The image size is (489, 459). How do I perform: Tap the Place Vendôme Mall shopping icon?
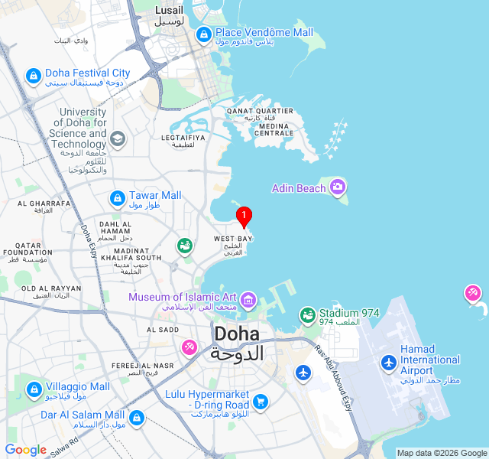[x=203, y=34]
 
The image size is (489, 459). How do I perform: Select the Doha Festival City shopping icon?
[x=33, y=76]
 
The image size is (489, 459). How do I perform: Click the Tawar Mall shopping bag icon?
[x=117, y=198]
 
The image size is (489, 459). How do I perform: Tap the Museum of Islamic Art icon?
[x=248, y=299]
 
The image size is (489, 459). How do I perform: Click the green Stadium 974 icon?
[x=307, y=314]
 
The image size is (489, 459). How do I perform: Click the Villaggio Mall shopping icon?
[x=34, y=390]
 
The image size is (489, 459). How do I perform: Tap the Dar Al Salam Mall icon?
[x=137, y=418]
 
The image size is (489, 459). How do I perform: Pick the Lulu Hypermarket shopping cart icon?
[x=261, y=401]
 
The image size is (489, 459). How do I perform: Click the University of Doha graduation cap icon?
[x=117, y=138]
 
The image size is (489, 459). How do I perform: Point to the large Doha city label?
[x=238, y=343]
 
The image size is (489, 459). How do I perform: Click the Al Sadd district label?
[x=163, y=330]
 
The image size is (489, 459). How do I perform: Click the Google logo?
[x=25, y=450]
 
